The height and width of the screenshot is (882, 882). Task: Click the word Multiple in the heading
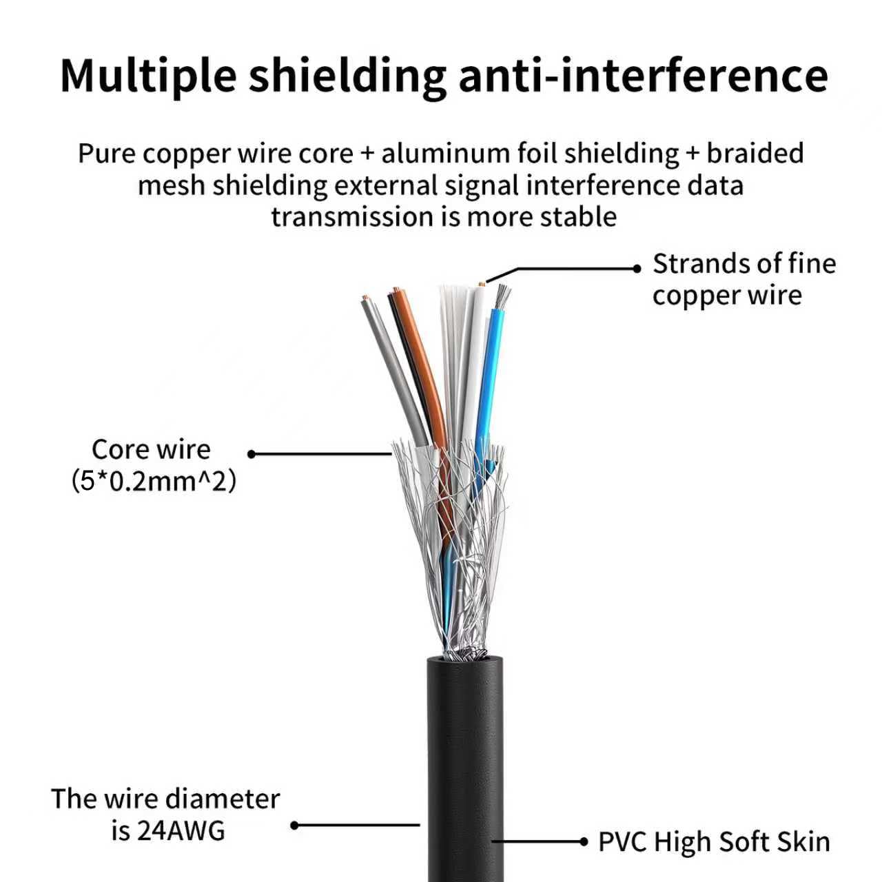[x=148, y=76]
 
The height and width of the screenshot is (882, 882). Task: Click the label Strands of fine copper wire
[x=744, y=279]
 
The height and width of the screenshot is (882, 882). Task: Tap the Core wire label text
[x=151, y=449]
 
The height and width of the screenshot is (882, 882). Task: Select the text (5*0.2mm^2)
[x=154, y=482]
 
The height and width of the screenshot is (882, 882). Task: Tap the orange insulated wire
[x=421, y=366]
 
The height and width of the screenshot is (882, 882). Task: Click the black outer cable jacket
[x=466, y=769]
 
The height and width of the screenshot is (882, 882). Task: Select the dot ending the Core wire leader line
[x=251, y=454]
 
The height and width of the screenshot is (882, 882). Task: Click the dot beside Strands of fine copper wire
[x=637, y=269]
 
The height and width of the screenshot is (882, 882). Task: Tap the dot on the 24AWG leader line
[x=295, y=825]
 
